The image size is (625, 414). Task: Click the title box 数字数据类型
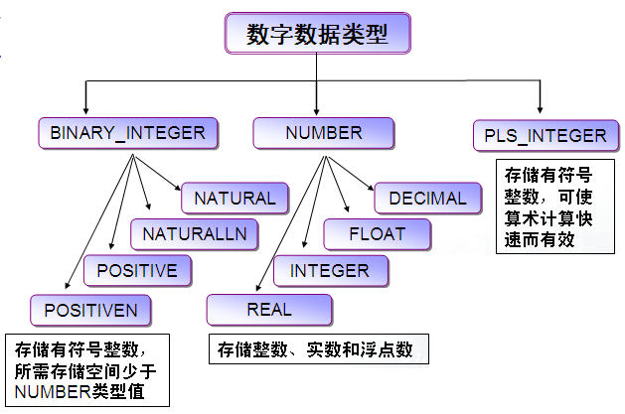[x=316, y=35]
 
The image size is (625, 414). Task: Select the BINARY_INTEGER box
[x=127, y=131]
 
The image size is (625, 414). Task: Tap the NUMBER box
[x=323, y=131]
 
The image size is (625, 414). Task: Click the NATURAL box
[x=234, y=198]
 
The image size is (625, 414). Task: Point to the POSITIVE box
[x=137, y=270]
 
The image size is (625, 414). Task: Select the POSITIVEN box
[x=89, y=310]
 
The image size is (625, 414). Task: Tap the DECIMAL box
[x=427, y=198]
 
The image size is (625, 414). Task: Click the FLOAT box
[x=378, y=234]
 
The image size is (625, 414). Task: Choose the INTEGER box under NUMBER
[x=329, y=270]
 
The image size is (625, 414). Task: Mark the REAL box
[x=268, y=310]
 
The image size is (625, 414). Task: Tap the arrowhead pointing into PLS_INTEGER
[x=541, y=110]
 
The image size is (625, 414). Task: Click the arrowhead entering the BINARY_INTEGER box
[x=87, y=110]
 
